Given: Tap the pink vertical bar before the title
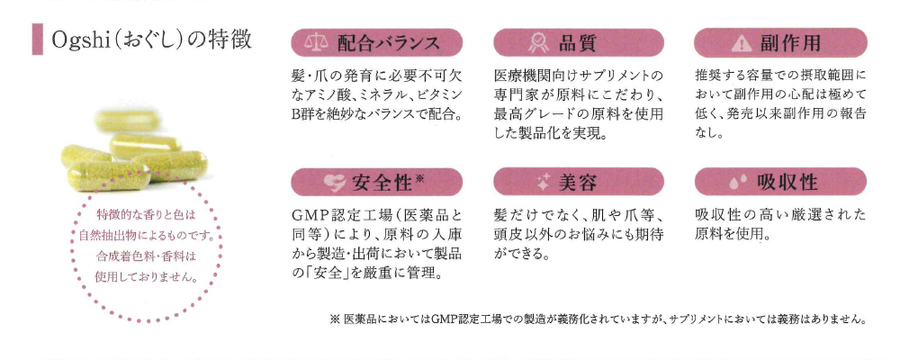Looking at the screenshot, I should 37,40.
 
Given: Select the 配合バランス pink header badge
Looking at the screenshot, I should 376,42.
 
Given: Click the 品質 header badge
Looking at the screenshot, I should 579,42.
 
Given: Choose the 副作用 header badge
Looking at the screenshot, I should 780,42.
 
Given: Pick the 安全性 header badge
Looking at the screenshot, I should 376,182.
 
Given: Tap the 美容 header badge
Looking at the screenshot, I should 579,182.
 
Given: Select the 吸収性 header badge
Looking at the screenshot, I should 780,182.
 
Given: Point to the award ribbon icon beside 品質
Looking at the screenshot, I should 537,42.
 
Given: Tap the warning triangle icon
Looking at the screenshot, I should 741,43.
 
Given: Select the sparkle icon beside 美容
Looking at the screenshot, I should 544,183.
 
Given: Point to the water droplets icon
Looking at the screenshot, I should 738,183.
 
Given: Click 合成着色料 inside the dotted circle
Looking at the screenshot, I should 124,256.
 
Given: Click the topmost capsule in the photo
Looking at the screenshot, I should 130,120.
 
